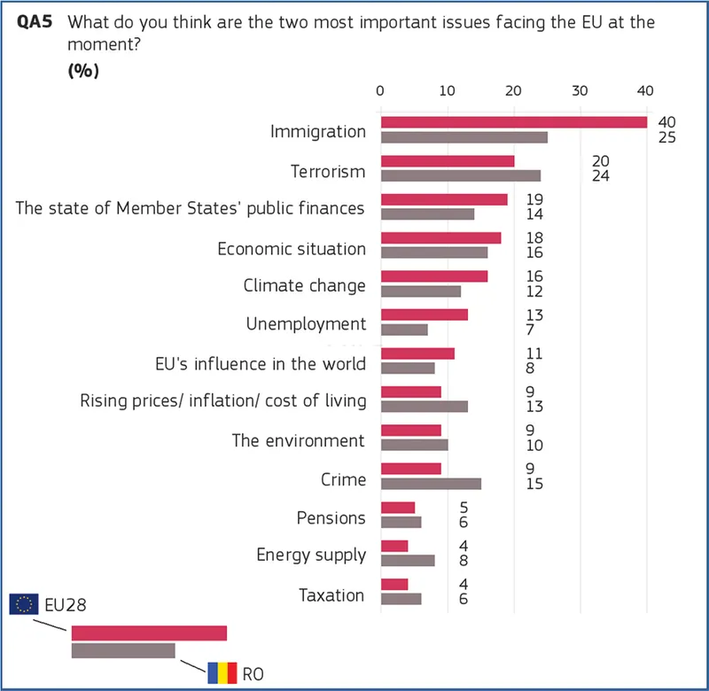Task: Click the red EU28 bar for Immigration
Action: (514, 122)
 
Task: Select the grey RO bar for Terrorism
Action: (460, 175)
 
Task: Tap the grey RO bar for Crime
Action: (431, 484)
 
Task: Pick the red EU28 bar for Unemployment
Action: (424, 314)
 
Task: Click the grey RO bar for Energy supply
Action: (407, 560)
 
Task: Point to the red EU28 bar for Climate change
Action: (433, 276)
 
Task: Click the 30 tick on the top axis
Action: (580, 90)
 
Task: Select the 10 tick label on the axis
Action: (447, 90)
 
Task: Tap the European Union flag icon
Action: (24, 604)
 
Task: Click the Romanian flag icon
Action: (222, 673)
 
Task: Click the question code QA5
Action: (34, 22)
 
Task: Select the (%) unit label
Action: (83, 72)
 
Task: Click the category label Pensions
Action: (331, 517)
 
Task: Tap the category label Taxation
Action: (331, 594)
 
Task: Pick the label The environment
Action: (298, 440)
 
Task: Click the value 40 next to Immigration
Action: (667, 121)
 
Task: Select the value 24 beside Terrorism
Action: (600, 176)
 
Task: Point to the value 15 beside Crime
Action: (534, 485)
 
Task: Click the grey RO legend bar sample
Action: (123, 650)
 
